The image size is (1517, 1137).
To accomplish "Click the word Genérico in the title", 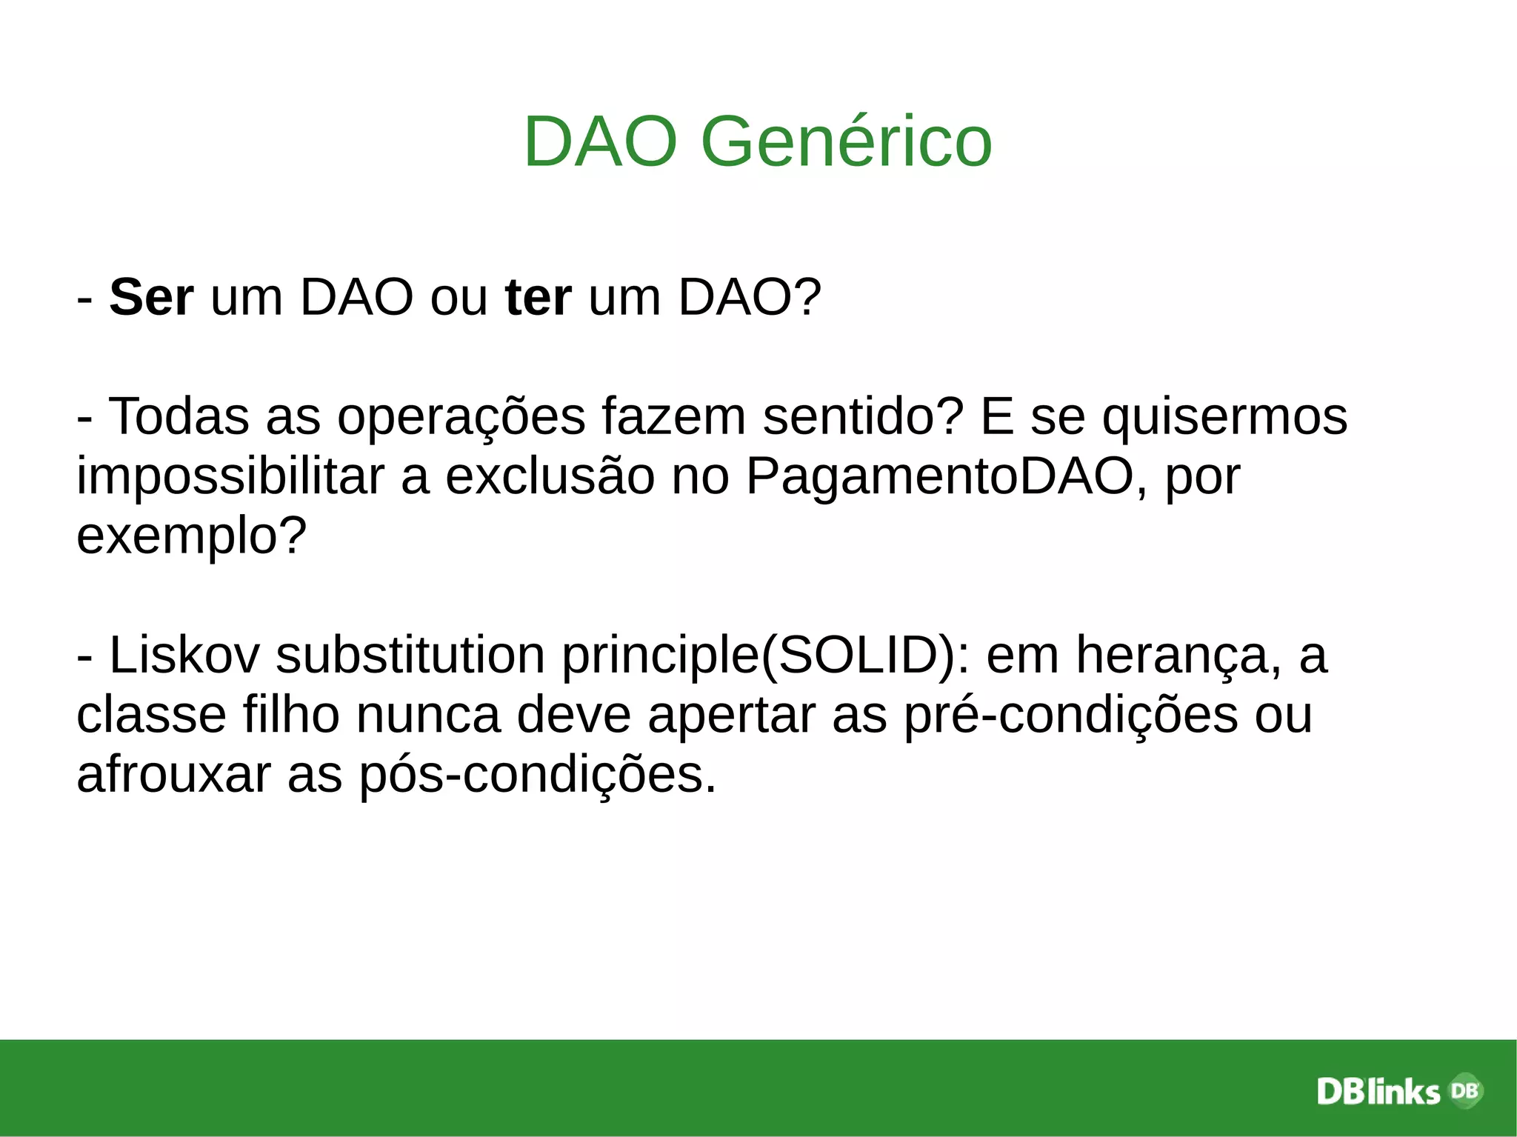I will [x=846, y=142].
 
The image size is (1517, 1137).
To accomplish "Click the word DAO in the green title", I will [x=601, y=142].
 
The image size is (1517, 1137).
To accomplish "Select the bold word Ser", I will [x=151, y=298].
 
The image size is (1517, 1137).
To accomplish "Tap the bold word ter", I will [x=538, y=298].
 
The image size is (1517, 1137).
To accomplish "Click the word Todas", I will [x=179, y=416].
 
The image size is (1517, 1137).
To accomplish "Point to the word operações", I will [x=461, y=416].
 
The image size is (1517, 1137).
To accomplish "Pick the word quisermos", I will [x=1224, y=416].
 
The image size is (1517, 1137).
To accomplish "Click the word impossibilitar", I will [x=230, y=476].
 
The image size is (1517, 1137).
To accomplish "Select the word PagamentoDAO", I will [x=939, y=476].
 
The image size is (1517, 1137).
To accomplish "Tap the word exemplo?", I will [x=191, y=536].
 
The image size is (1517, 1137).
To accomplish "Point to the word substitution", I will [x=410, y=656].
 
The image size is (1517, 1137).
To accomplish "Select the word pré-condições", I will [x=1071, y=716].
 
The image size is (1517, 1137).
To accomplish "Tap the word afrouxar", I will [x=173, y=776].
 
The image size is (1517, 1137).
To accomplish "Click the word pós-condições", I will [x=538, y=776].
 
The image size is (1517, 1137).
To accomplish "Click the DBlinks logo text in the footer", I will [x=1378, y=1092].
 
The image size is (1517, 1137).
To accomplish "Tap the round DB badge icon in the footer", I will [x=1464, y=1090].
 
